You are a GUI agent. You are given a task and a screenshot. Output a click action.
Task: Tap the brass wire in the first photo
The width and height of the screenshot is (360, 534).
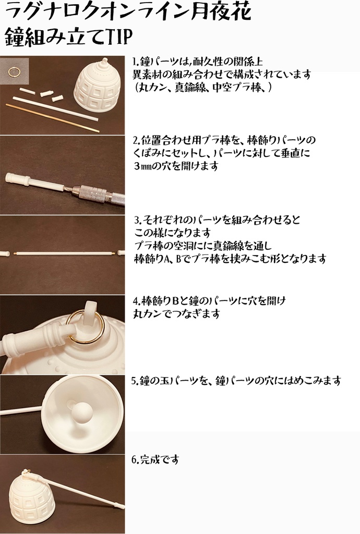pos(52,115)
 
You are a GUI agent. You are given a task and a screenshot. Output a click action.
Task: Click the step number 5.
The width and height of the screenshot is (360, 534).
pos(134,381)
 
